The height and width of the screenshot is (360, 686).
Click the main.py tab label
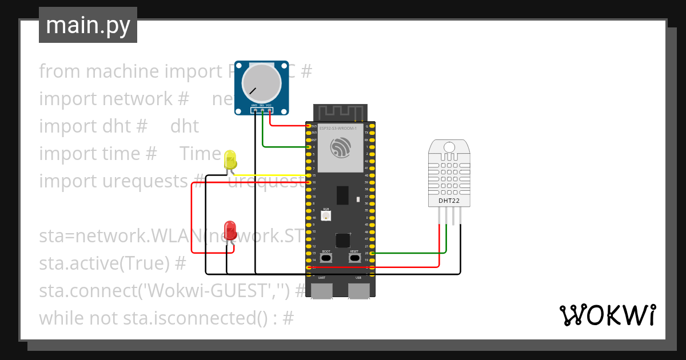(87, 25)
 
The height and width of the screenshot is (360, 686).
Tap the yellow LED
(230, 159)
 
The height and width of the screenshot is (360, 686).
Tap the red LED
(230, 230)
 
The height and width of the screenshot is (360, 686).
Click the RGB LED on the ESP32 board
(326, 217)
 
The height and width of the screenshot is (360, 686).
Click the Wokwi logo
(607, 315)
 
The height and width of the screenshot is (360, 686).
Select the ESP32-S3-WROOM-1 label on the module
(337, 129)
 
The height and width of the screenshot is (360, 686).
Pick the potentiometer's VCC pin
(269, 110)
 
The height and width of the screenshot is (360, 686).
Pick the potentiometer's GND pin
(254, 110)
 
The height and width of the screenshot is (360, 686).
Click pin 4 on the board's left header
(309, 147)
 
